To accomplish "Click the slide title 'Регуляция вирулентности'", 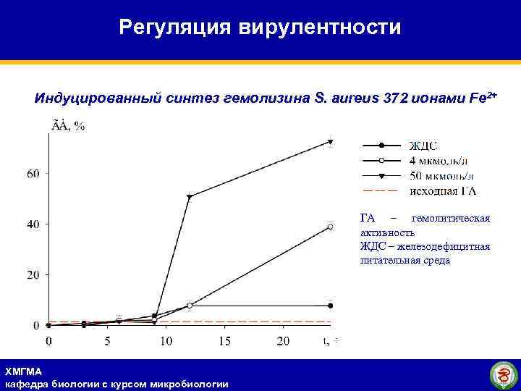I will click(260, 28).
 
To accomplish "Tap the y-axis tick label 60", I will click(33, 174).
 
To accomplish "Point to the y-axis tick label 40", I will click(33, 224).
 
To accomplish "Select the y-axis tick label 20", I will click(33, 275).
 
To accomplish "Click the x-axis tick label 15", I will click(224, 341).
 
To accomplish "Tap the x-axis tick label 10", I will click(166, 341).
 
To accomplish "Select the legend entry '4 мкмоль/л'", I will click(441, 160).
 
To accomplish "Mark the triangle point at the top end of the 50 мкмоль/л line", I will click(331, 142).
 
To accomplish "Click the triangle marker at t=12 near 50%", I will click(190, 197).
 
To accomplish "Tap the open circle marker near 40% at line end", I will click(331, 227).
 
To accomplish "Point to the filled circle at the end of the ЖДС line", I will click(331, 306).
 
